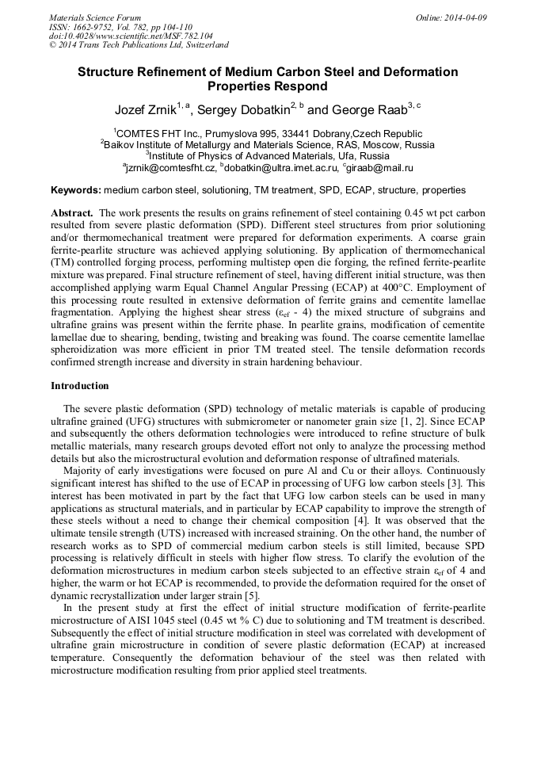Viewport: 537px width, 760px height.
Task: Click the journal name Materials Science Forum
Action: point(95,17)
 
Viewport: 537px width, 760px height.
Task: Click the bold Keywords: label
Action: point(76,191)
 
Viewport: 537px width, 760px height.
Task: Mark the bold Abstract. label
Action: point(73,214)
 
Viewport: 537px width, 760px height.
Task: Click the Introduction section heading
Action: point(80,386)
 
